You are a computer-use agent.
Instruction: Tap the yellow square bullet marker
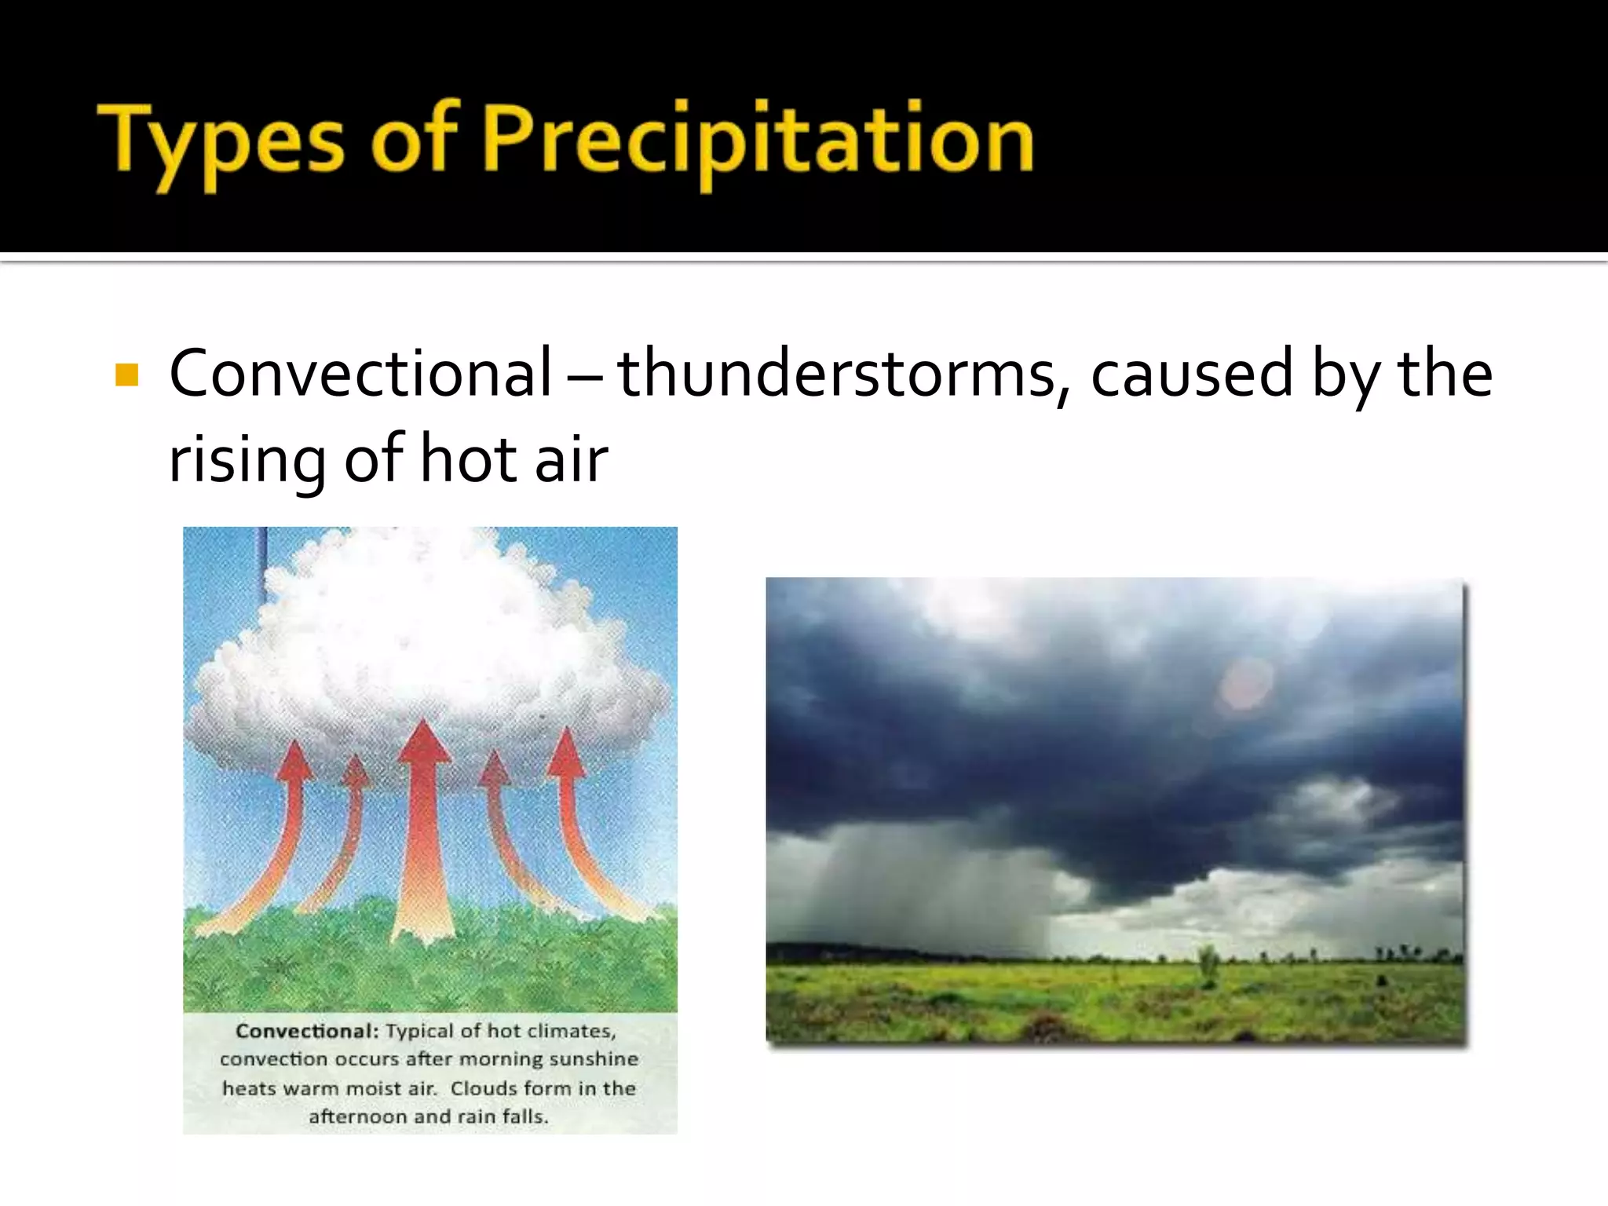pos(126,375)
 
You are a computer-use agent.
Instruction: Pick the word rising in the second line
pos(247,460)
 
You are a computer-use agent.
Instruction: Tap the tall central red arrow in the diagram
pos(424,832)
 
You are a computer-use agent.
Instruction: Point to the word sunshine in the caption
pos(593,1059)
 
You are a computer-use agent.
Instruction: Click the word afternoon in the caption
pos(358,1116)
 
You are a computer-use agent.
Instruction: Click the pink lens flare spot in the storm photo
pos(1246,683)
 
